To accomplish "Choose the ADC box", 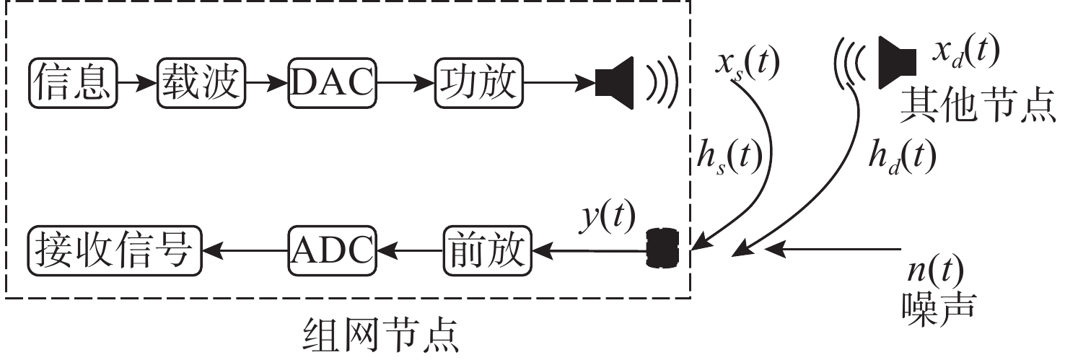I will tap(333, 250).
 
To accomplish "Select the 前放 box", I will tap(488, 250).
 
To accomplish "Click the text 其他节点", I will tap(978, 107).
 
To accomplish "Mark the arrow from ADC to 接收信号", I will tap(245, 250).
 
